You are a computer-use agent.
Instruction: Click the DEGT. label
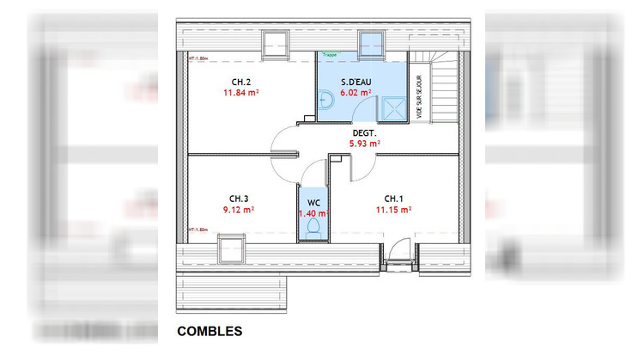(363, 133)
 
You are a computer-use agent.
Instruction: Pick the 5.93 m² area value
(363, 144)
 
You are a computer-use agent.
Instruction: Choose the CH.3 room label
(239, 197)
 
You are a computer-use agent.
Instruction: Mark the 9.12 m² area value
(239, 209)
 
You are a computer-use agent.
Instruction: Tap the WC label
(313, 203)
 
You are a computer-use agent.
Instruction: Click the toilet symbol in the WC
(313, 228)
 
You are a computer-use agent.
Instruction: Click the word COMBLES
(210, 331)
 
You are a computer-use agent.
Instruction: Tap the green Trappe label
(330, 54)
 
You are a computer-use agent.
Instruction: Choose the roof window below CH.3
(230, 250)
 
